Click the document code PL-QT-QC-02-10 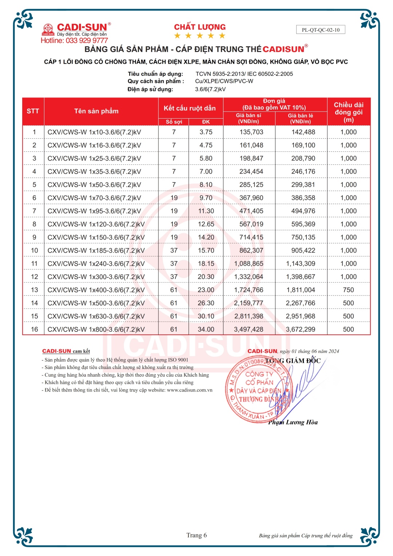click(321, 30)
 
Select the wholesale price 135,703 click(251, 132)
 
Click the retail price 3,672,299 click(301, 329)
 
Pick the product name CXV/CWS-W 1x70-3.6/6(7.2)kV click(94, 198)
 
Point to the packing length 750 click(348, 290)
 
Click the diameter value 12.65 click(206, 224)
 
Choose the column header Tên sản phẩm click(96, 111)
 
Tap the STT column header click(33, 111)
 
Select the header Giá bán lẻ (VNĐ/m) click(301, 119)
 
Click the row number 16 click(34, 329)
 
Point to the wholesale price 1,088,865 click(249, 264)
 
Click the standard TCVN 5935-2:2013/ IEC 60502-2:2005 click(244, 74)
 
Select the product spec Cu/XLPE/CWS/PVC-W click(224, 81)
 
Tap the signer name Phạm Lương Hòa click(293, 422)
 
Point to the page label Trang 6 click(196, 535)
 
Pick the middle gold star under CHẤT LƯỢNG click(200, 36)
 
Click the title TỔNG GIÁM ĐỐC click(293, 361)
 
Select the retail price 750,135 click(303, 237)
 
